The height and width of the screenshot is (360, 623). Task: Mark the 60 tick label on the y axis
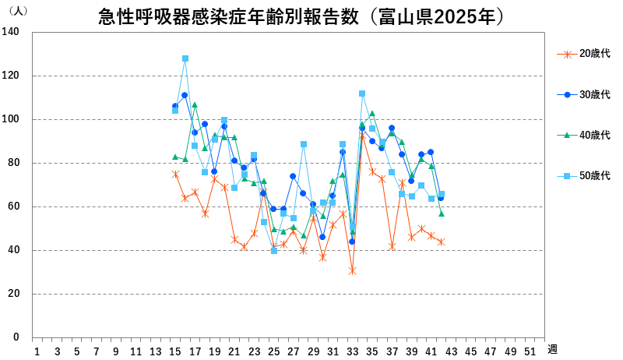[13, 206]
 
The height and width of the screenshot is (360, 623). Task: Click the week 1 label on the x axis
[37, 351]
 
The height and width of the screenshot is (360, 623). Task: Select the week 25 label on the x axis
[273, 351]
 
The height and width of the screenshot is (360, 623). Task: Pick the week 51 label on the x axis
[530, 351]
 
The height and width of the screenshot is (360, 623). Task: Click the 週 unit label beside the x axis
[551, 349]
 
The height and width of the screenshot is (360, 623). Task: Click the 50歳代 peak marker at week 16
[185, 58]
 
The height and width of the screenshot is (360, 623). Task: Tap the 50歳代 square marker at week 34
[362, 94]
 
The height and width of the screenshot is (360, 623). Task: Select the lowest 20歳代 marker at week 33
[352, 270]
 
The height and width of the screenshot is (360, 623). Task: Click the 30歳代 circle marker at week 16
[185, 95]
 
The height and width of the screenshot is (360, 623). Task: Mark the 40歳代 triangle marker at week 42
[442, 214]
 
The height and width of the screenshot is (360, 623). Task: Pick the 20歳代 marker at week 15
[175, 174]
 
